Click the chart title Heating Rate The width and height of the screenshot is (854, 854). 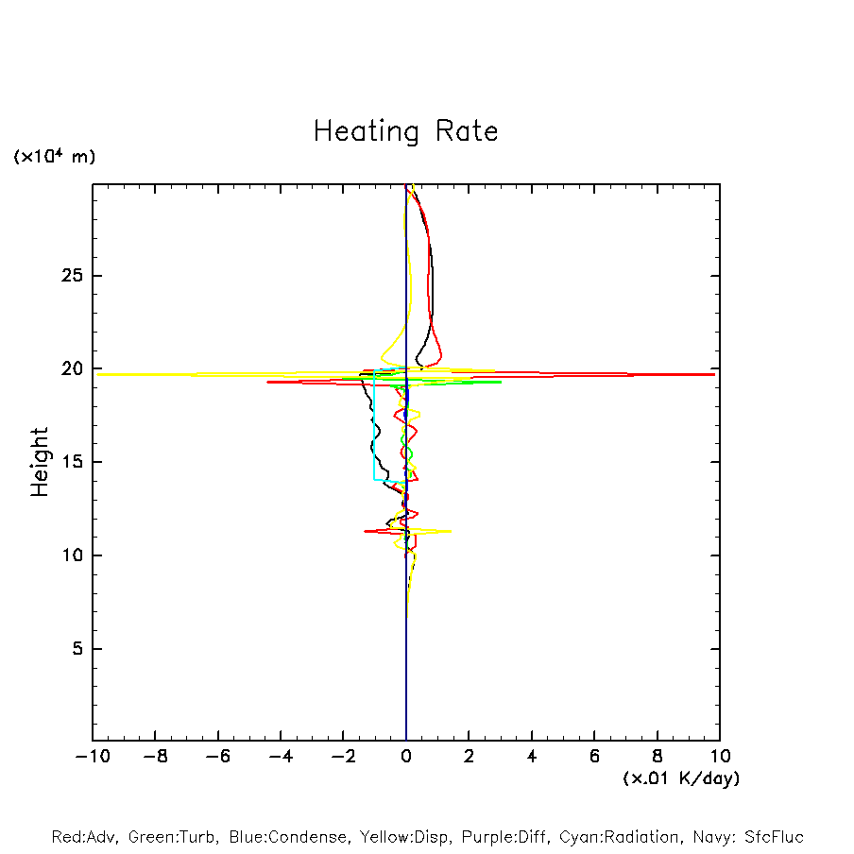point(405,131)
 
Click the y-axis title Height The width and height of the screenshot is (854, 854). point(40,462)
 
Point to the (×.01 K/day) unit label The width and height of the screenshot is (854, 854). point(680,778)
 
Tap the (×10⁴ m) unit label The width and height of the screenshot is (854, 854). point(55,157)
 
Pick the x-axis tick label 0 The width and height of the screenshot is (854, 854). point(406,757)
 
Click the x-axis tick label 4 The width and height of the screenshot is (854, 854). point(532,757)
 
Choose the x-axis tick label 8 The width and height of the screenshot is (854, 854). point(657,757)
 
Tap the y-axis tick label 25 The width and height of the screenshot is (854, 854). point(69,276)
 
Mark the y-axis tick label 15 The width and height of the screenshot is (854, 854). point(69,462)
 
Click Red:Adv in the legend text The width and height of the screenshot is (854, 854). point(83,837)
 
